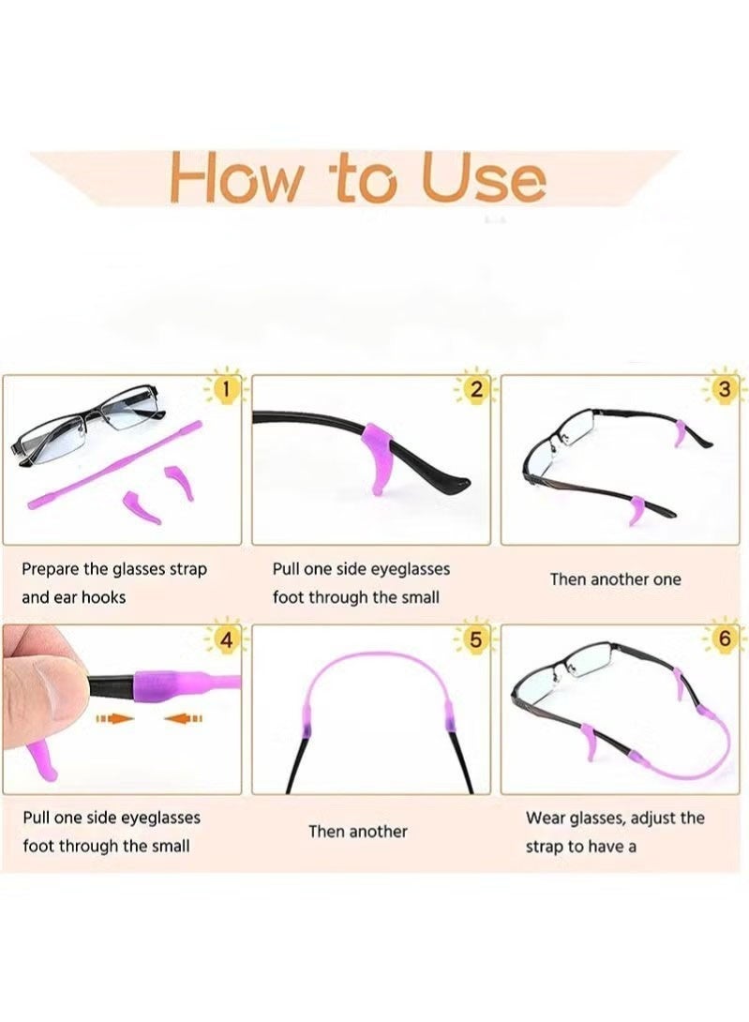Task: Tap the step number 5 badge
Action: click(476, 640)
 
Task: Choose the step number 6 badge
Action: click(724, 640)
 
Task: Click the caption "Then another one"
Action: click(615, 579)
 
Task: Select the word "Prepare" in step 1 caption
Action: click(51, 569)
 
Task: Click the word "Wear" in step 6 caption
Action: click(545, 819)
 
